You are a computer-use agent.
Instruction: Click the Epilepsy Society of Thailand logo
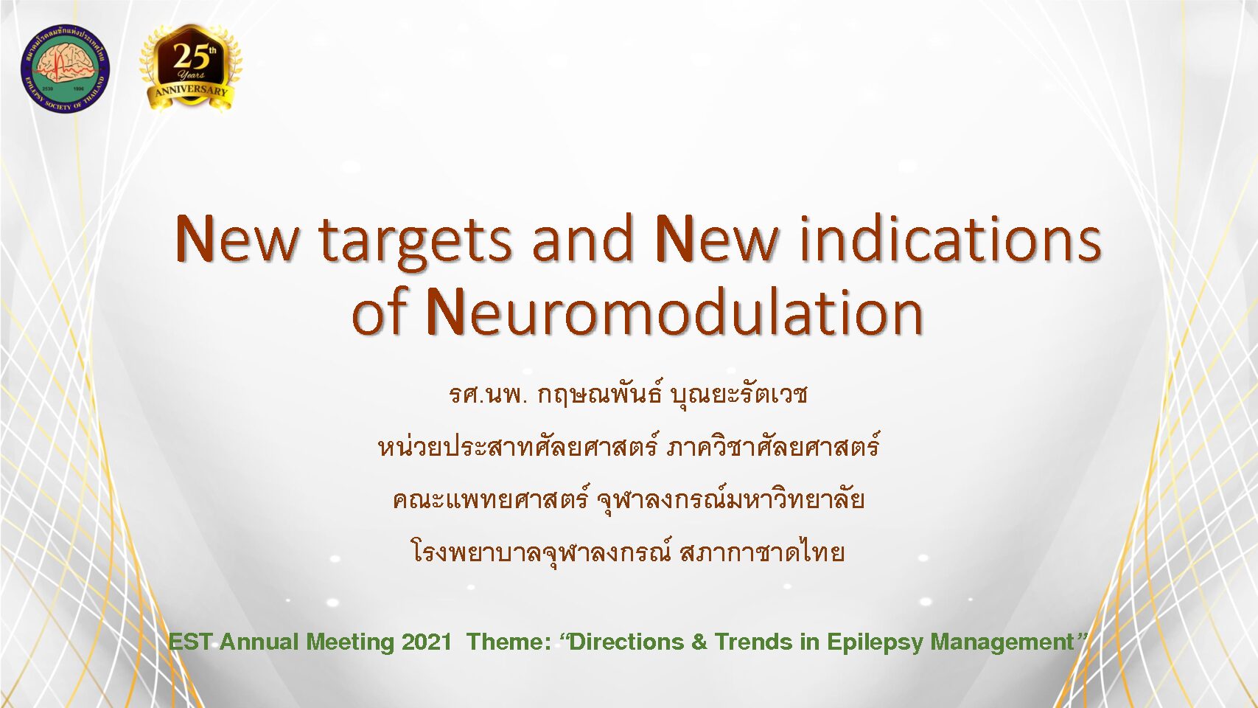65,67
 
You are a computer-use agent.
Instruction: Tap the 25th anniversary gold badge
191,68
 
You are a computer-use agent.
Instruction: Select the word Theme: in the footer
509,642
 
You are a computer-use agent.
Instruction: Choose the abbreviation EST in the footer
190,642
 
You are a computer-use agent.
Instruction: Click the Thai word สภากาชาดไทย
762,552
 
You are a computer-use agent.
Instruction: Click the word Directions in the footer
626,642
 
